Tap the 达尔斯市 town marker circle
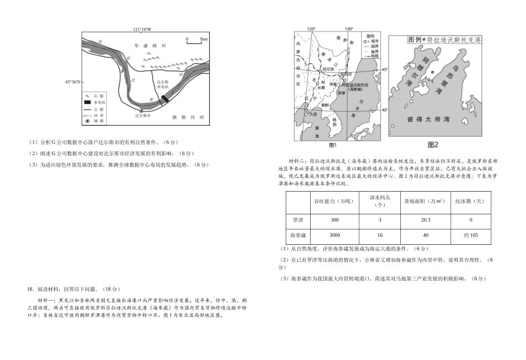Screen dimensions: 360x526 (x=141, y=111)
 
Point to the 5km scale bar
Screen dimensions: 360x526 (x=196, y=42)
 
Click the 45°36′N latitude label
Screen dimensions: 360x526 (x=72, y=82)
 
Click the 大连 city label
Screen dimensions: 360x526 (x=313, y=114)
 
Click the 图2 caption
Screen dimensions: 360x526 (x=432, y=145)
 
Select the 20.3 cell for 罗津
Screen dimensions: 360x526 (x=425, y=220)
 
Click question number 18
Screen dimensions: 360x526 (x=30, y=289)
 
